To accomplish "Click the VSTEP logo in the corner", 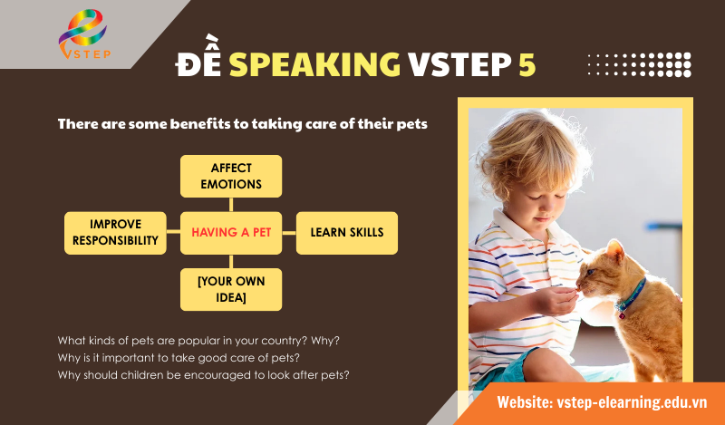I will tap(82, 34).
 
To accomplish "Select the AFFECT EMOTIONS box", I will tap(231, 176).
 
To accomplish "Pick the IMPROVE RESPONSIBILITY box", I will tap(115, 233).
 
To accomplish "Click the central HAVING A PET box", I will tap(231, 233).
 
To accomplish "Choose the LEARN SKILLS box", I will tap(347, 233).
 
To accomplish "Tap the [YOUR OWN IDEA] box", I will tap(231, 289).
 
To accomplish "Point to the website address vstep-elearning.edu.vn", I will tap(602, 401).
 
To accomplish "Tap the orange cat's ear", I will tap(616, 250).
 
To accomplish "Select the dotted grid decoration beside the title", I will tap(639, 64).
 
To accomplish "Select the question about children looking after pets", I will tap(205, 374).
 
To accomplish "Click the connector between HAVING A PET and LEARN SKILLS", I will tap(289, 233).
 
